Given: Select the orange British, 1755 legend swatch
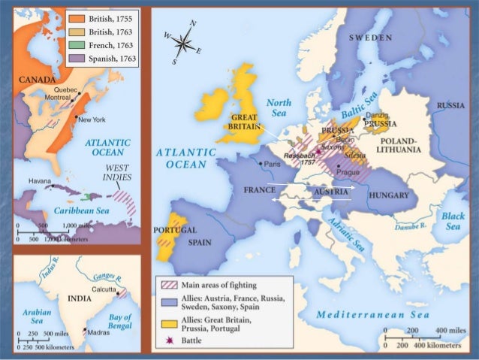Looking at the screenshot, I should coord(76,18).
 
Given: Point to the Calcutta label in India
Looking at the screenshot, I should coord(104,289).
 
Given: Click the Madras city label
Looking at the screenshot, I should coord(98,331).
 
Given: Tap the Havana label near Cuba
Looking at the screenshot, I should coord(41,181).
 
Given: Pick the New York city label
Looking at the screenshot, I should coord(92,119).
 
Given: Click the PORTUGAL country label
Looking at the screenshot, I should coord(173,229).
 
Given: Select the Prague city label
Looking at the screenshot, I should coord(351,172).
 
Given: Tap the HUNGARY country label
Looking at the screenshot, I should coord(388,195).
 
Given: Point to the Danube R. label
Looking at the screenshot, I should coord(411,225).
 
